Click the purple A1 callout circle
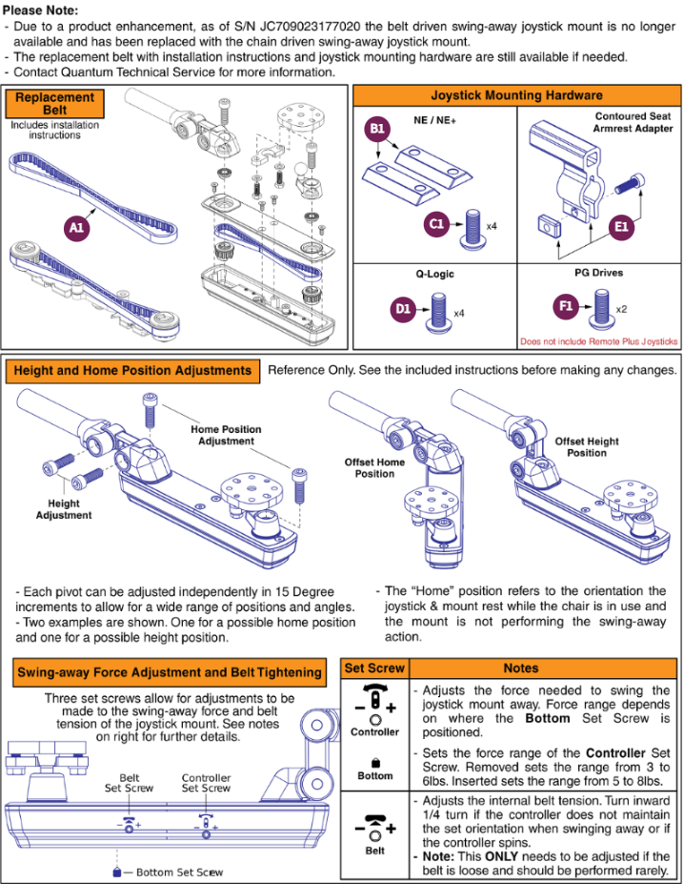pos(76,227)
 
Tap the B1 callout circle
pos(376,129)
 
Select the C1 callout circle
pos(436,224)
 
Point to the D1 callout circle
pos(403,309)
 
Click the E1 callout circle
pos(621,227)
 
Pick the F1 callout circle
pos(566,306)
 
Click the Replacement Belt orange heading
pos(54,104)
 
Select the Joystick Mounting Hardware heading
pos(516,95)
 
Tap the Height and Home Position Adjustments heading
pos(132,370)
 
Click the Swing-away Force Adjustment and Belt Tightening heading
pos(170,672)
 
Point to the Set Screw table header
pos(374,668)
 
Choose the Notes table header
pos(521,668)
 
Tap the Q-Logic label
pos(434,274)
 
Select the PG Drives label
pos(598,273)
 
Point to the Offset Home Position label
pos(374,468)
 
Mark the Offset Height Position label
pos(587,447)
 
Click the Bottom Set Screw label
pos(180,873)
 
